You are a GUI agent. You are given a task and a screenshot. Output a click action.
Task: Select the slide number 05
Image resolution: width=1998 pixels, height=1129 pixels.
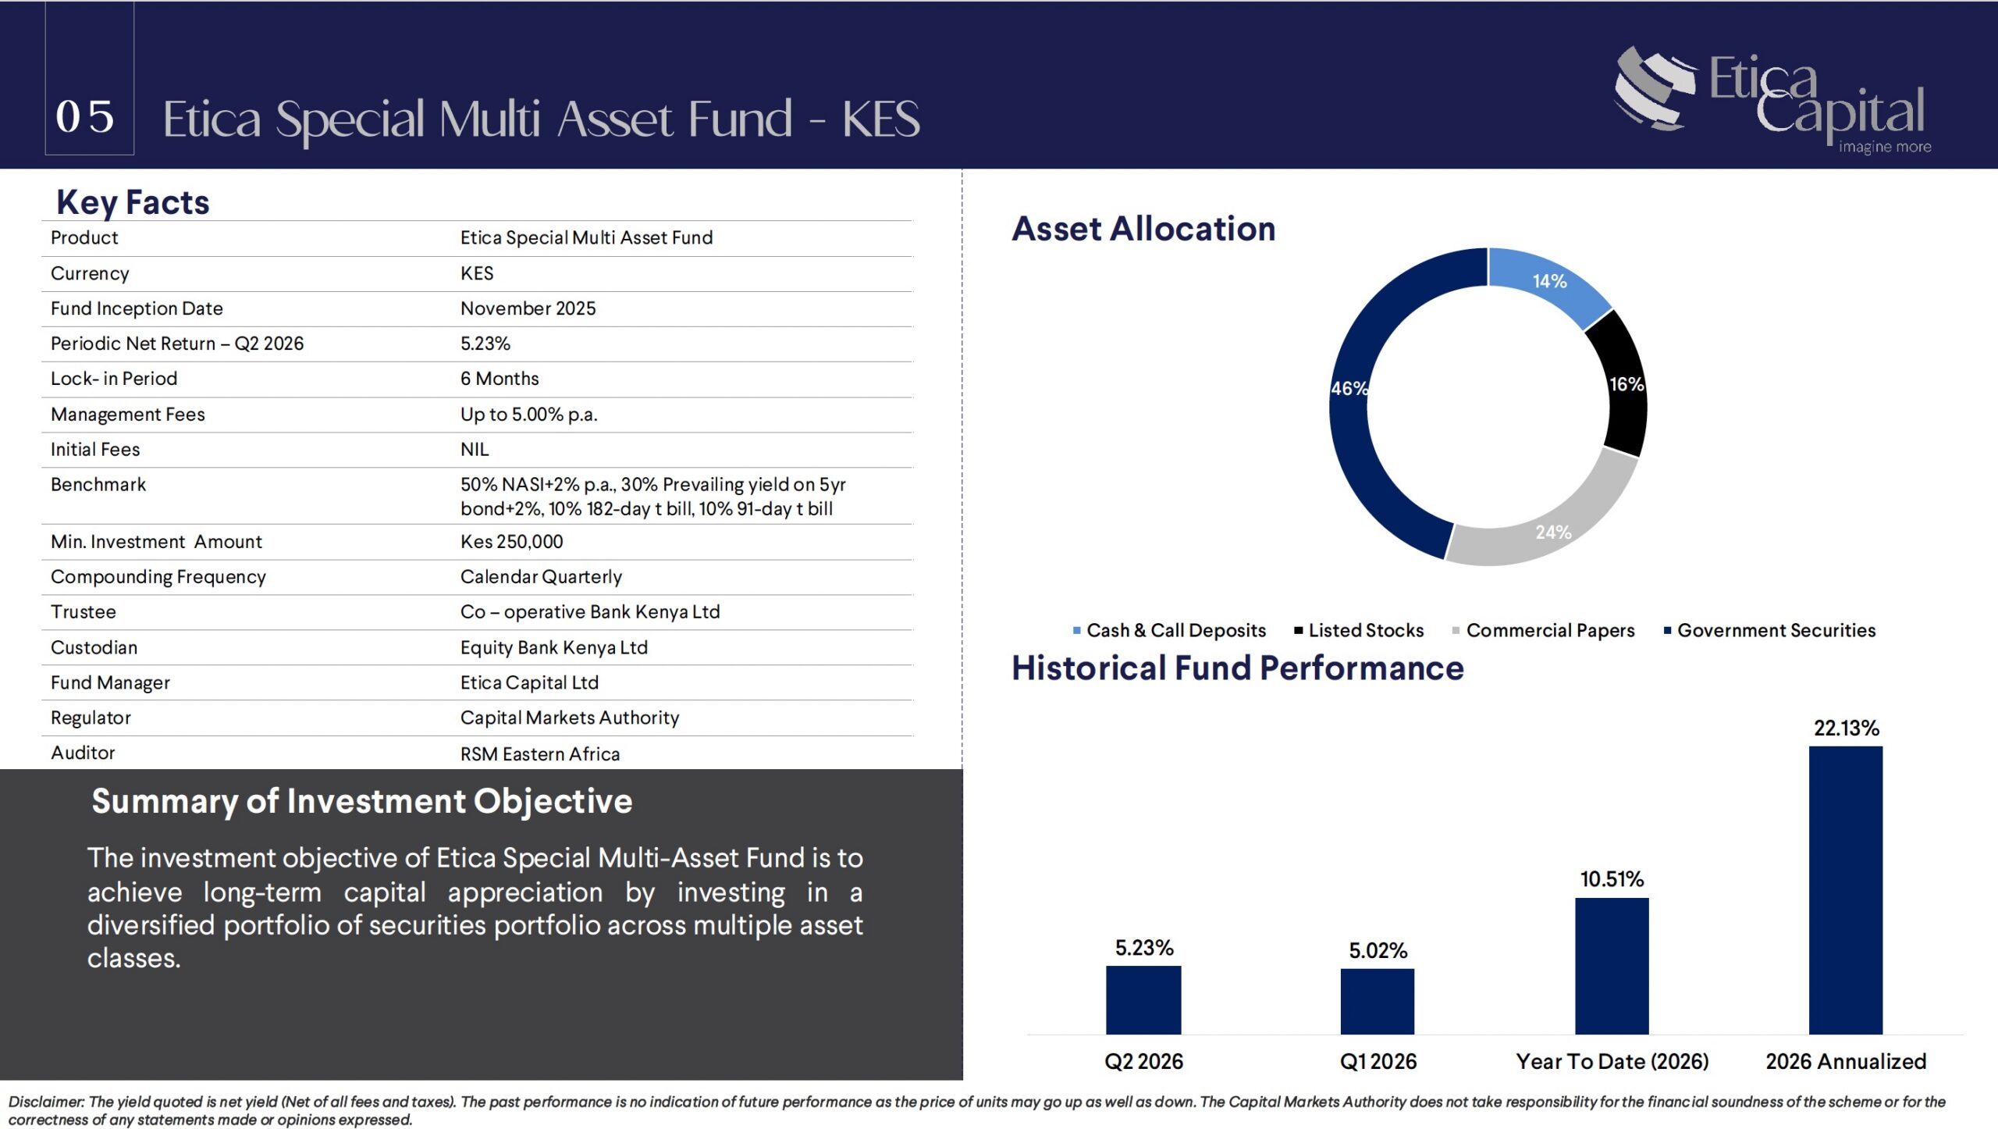tap(85, 117)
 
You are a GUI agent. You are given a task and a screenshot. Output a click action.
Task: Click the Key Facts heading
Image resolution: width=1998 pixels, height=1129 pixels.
tap(133, 202)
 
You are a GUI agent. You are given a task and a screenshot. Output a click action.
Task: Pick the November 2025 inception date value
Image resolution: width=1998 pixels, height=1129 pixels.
tap(528, 308)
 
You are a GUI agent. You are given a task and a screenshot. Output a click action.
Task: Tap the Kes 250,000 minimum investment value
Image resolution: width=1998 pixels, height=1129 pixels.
tap(511, 542)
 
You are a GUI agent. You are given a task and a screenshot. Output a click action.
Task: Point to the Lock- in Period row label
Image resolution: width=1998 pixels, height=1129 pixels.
tap(114, 379)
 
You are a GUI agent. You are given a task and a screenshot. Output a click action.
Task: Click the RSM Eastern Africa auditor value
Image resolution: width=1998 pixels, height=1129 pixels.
tap(540, 754)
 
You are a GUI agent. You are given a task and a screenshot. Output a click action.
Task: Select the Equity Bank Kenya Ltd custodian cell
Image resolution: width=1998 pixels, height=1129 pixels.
tap(554, 647)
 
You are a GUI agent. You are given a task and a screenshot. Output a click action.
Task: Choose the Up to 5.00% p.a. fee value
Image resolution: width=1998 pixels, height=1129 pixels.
tap(528, 415)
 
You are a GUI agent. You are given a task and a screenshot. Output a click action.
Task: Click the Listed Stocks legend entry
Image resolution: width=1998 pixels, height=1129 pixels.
tap(1359, 630)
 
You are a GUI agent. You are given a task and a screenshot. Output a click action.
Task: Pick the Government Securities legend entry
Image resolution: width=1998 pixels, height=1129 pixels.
tap(1769, 630)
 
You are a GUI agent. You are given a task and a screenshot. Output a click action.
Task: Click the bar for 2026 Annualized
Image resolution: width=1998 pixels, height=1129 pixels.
tap(1846, 890)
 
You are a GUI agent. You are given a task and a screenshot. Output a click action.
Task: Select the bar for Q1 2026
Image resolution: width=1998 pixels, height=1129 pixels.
tap(1378, 1002)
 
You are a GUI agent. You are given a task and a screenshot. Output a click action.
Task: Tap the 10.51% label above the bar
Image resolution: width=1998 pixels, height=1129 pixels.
tap(1612, 880)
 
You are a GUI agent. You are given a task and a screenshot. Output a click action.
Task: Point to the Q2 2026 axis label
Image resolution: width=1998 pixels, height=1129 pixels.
tap(1143, 1062)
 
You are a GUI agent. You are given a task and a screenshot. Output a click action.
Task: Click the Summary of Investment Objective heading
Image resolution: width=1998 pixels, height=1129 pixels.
tap(362, 802)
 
